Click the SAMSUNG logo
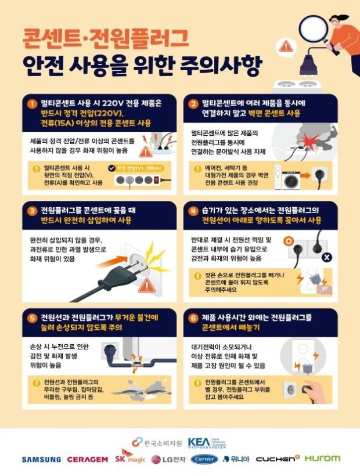pyautogui.click(x=41, y=459)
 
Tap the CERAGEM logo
pyautogui.click(x=87, y=459)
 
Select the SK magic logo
pyautogui.click(x=129, y=457)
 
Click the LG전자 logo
pyautogui.click(x=170, y=459)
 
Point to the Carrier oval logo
pyautogui.click(x=204, y=459)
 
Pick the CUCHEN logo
pyautogui.click(x=276, y=459)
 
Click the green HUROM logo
pyautogui.click(x=322, y=459)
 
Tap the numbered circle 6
pyautogui.click(x=193, y=318)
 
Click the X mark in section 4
pyautogui.click(x=327, y=257)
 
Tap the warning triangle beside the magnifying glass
pyautogui.click(x=285, y=45)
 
